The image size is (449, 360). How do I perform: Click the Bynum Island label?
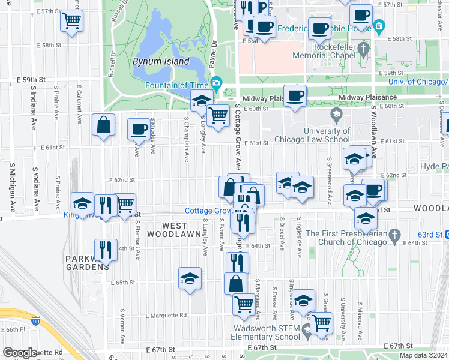161,61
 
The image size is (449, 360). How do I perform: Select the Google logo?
20,353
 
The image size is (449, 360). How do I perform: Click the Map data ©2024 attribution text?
423,355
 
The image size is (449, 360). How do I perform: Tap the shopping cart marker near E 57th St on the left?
71,22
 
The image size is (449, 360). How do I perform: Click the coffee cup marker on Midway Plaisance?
294,96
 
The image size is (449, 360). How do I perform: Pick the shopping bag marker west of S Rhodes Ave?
103,125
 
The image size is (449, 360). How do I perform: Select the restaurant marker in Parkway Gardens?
106,250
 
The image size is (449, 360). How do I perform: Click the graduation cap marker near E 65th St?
190,278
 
